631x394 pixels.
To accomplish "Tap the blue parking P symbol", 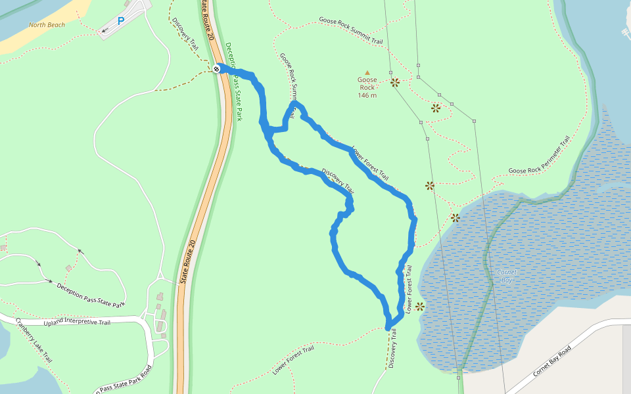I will click(x=120, y=21).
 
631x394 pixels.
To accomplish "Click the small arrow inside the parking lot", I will click(x=105, y=30).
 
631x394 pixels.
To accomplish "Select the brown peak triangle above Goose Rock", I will click(x=367, y=73).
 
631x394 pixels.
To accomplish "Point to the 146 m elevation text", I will click(x=367, y=95).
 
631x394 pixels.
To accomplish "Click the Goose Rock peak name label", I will click(x=367, y=83).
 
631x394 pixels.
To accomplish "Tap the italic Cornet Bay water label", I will click(x=507, y=276).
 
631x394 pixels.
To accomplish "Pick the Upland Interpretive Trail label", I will click(x=78, y=322).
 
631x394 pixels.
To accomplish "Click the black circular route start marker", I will click(x=216, y=68).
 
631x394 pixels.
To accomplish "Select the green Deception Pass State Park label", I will click(x=234, y=82).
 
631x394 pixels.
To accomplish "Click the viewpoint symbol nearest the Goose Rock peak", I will click(x=395, y=83).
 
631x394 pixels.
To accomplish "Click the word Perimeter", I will click(x=546, y=154).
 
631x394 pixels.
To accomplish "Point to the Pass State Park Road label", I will click(x=125, y=380).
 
